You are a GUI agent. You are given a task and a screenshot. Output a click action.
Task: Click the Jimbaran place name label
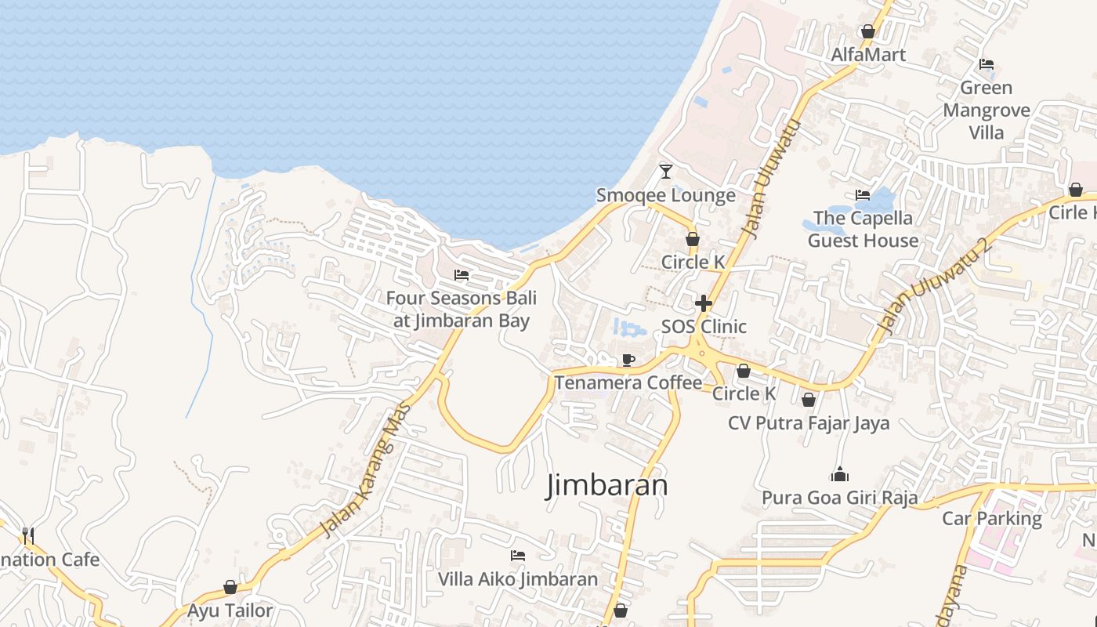coord(607,485)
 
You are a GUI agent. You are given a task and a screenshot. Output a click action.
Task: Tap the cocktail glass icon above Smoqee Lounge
coord(666,171)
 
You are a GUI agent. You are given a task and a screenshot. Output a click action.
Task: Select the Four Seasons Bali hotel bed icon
coord(462,275)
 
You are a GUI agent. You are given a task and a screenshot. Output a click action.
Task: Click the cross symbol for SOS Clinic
coord(703,303)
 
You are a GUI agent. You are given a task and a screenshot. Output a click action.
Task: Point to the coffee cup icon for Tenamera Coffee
coord(628,360)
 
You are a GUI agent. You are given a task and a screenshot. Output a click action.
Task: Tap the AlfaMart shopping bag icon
coord(867,31)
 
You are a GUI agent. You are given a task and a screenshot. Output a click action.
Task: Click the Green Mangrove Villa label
coord(986,110)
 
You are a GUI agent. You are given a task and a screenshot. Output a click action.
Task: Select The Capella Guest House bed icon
coord(862,195)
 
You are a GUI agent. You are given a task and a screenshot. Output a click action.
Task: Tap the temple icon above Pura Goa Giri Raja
coord(839,474)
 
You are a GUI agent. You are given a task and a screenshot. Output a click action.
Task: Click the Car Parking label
coord(991,518)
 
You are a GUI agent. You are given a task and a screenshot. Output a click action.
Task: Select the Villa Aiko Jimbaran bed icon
coord(517,556)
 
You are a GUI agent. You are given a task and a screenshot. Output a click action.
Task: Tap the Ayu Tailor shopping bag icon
coord(230,587)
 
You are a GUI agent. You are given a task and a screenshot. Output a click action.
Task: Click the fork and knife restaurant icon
coord(28,535)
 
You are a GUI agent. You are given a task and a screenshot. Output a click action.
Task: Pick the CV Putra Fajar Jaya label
coord(809,423)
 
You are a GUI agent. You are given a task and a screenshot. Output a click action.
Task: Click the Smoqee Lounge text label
coord(666,195)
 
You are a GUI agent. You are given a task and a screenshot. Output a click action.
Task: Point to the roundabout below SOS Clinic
coord(702,353)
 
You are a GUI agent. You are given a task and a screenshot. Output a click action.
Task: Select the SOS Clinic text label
coord(704,326)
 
